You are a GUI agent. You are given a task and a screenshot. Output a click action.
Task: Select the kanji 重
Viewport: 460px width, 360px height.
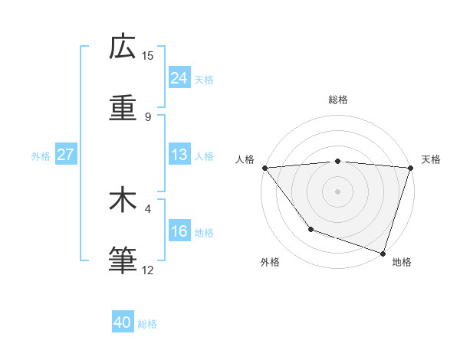point(123,108)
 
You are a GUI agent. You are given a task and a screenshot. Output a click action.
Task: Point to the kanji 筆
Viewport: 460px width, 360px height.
point(123,260)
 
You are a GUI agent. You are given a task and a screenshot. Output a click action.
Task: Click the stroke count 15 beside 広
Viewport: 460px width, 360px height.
point(148,56)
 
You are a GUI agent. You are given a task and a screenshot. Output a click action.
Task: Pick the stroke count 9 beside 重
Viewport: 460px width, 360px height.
point(148,116)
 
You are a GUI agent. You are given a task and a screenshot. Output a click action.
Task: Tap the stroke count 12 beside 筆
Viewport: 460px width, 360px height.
point(148,270)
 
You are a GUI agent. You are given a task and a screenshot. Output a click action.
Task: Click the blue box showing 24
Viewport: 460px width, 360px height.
point(179,78)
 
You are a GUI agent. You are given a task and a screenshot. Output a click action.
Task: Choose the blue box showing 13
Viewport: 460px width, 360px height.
point(179,155)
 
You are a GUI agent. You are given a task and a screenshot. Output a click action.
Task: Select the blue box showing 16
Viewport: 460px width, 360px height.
point(179,231)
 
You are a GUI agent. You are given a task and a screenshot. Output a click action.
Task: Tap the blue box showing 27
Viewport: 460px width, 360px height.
point(65,155)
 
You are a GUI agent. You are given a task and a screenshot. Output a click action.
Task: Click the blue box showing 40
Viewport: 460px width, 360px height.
point(123,322)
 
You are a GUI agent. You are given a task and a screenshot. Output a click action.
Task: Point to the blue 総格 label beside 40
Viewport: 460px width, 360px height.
point(147,324)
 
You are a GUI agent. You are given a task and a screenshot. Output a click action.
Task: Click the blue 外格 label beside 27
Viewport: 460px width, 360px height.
point(41,156)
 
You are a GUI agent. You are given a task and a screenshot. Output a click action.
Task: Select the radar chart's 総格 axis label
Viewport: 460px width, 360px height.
point(338,100)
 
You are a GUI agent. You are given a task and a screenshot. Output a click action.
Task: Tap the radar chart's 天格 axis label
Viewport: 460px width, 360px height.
point(431,159)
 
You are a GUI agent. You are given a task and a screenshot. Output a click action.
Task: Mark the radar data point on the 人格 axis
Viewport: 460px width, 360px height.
point(264,168)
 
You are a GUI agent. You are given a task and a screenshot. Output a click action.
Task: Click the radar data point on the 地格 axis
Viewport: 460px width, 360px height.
point(383,253)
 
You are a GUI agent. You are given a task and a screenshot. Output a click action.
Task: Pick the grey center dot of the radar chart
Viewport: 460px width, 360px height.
point(338,191)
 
